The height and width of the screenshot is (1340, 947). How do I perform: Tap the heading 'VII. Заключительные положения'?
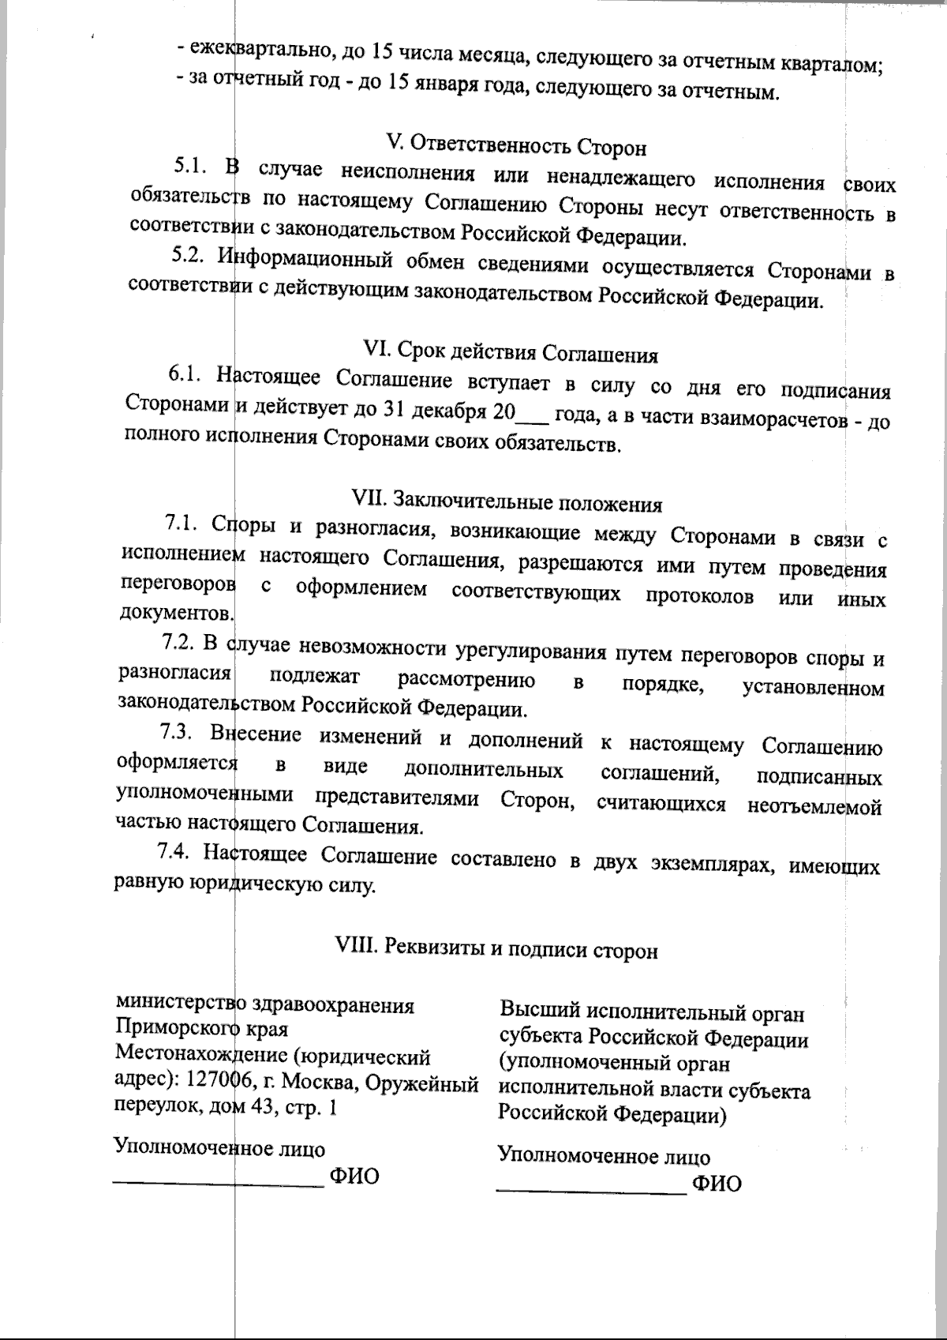[507, 502]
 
